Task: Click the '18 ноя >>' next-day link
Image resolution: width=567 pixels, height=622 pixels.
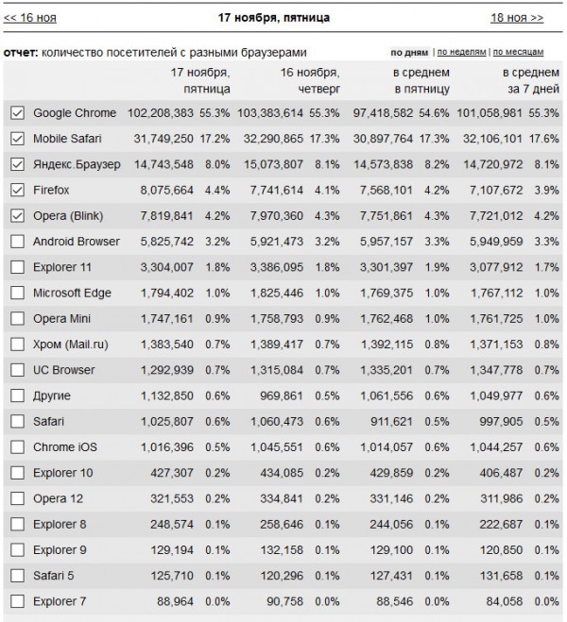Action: point(517,17)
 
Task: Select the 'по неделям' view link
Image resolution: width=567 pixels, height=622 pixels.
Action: point(461,52)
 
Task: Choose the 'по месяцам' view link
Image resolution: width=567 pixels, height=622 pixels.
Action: point(526,52)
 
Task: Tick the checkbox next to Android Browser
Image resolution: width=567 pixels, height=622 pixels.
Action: point(16,242)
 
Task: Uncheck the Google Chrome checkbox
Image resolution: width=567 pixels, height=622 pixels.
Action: point(16,113)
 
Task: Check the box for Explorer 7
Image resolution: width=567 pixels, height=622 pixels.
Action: point(16,600)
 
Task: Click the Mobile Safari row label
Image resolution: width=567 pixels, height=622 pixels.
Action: point(72,139)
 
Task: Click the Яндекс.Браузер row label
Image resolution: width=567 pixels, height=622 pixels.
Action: point(77,164)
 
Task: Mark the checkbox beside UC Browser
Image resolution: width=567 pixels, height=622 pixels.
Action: point(16,370)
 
